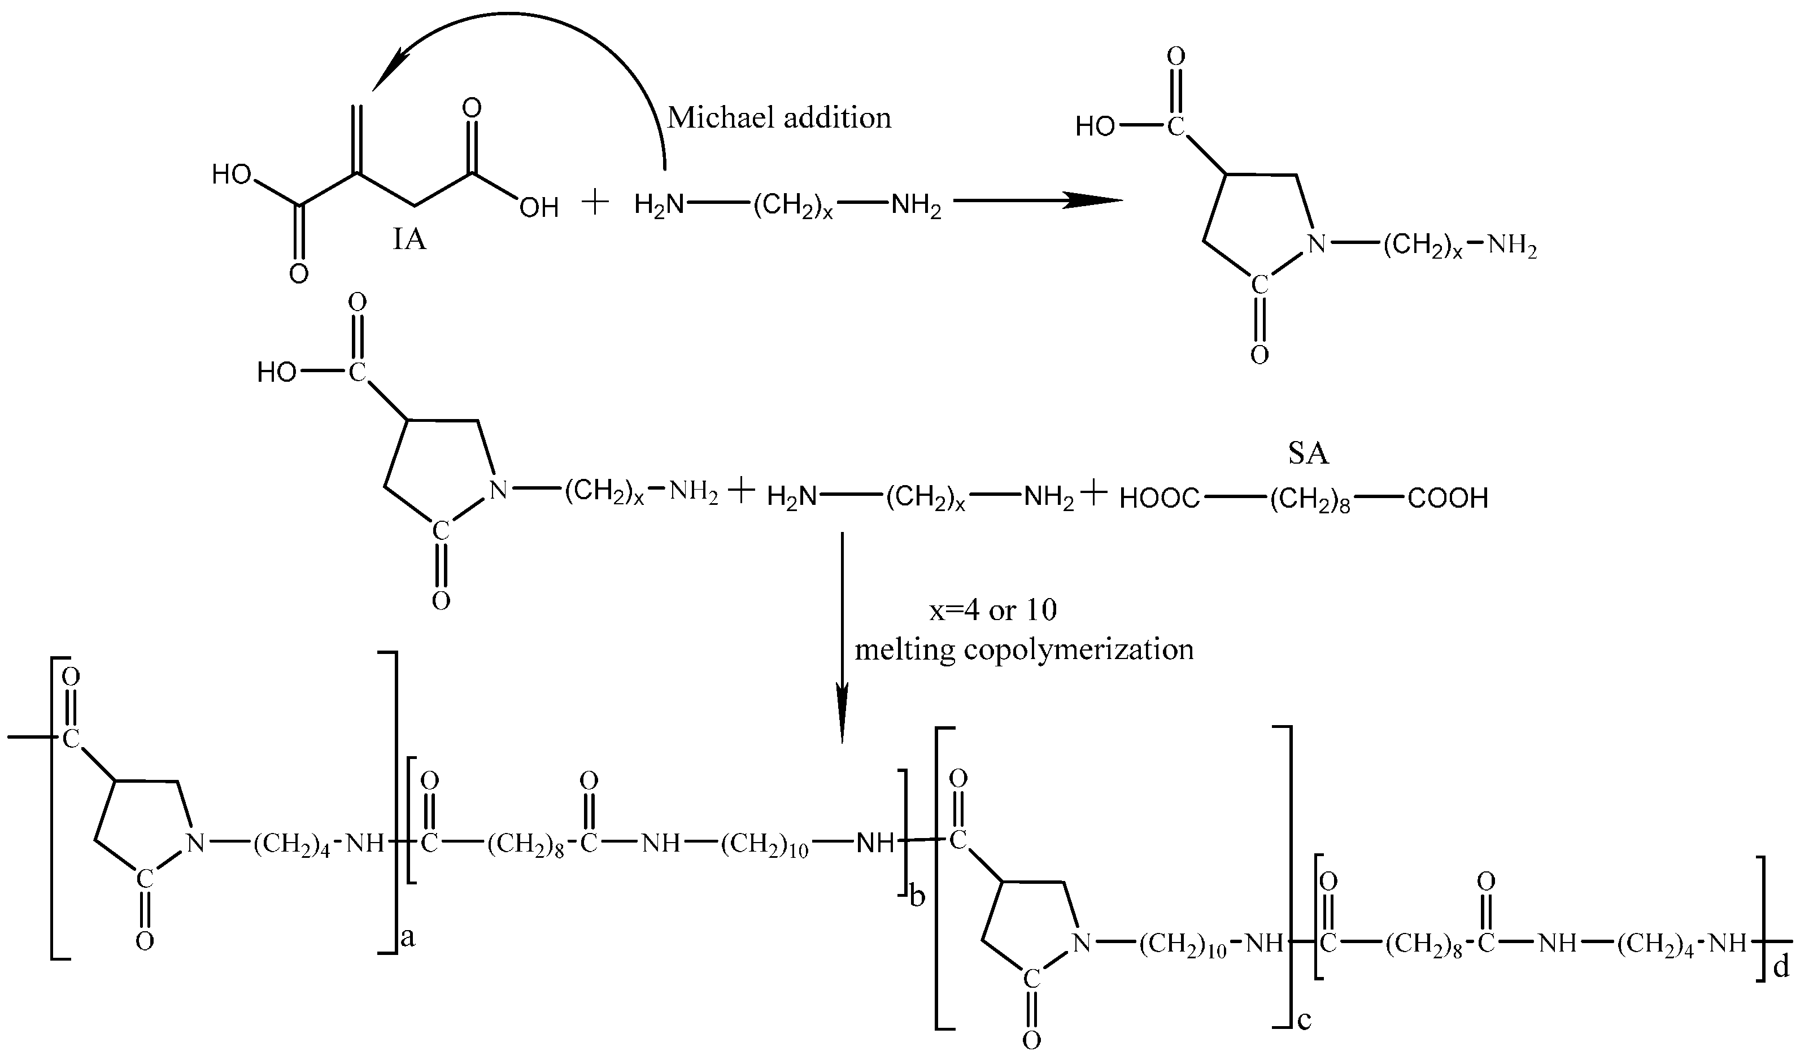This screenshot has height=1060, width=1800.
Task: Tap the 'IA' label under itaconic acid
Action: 409,240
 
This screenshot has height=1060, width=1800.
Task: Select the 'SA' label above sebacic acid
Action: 1308,454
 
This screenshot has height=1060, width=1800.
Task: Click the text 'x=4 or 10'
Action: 993,609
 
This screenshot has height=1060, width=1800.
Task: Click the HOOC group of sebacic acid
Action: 1160,499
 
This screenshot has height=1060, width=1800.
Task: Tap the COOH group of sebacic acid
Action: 1448,499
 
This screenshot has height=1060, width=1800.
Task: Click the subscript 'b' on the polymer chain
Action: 917,896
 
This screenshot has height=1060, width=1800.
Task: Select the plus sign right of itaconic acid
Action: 595,203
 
